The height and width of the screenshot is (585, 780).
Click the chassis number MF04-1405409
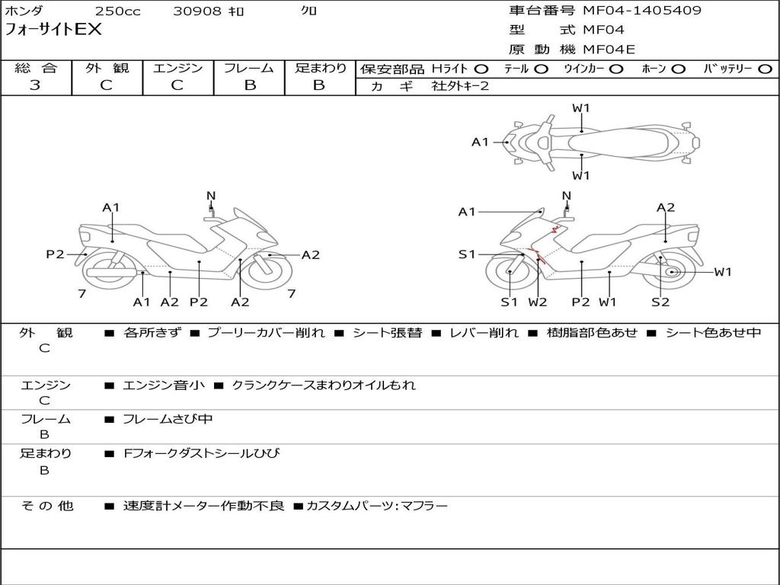pyautogui.click(x=642, y=11)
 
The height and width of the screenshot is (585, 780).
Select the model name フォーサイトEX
pyautogui.click(x=53, y=30)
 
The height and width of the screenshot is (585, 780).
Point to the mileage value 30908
pyautogui.click(x=197, y=11)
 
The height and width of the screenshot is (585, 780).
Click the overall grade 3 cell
pyautogui.click(x=35, y=85)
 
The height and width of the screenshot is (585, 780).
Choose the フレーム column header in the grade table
pyautogui.click(x=249, y=69)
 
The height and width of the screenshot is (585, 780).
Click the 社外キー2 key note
pyautogui.click(x=460, y=86)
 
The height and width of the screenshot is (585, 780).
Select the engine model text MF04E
pyautogui.click(x=609, y=50)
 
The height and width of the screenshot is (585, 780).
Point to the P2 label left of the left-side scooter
pyautogui.click(x=55, y=254)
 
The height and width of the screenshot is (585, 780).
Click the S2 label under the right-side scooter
pyautogui.click(x=660, y=302)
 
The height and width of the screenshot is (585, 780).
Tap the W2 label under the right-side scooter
pyautogui.click(x=538, y=302)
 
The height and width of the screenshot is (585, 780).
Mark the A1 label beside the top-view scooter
pyautogui.click(x=480, y=142)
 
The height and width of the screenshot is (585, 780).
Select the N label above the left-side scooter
pyautogui.click(x=211, y=197)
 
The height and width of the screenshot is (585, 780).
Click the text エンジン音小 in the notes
pyautogui.click(x=164, y=385)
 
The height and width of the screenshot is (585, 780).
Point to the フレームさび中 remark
pyautogui.click(x=168, y=419)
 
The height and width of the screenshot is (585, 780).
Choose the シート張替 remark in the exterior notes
pyautogui.click(x=387, y=333)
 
